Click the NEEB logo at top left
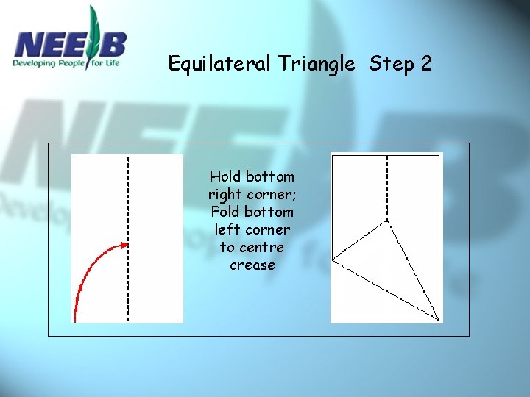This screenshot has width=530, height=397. click(70, 44)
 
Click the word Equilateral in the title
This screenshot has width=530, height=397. click(220, 64)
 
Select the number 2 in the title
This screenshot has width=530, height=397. click(426, 64)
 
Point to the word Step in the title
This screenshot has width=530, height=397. click(390, 64)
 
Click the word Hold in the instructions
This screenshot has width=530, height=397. click(225, 176)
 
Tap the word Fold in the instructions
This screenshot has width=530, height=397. click(225, 212)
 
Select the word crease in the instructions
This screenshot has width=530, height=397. click(252, 265)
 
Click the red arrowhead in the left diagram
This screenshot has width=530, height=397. click(124, 245)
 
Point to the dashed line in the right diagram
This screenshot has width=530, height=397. click(387, 184)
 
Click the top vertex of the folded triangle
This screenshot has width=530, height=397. click(388, 221)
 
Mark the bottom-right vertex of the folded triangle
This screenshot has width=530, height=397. click(439, 320)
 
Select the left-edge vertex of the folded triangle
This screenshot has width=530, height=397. click(333, 260)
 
